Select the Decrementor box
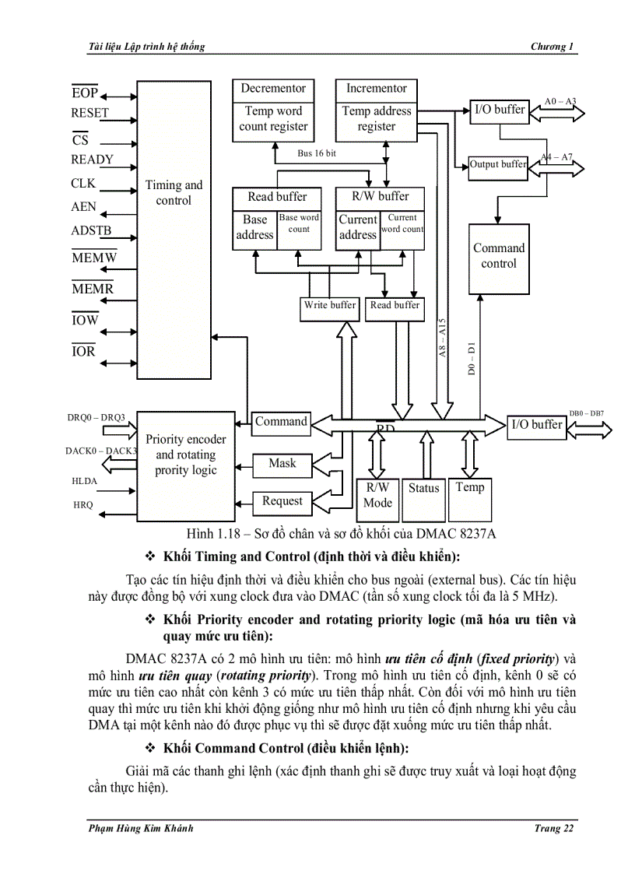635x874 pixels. pyautogui.click(x=272, y=89)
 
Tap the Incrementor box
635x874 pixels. pyautogui.click(x=377, y=89)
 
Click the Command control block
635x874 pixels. pyautogui.click(x=498, y=256)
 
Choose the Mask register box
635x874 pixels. pyautogui.click(x=282, y=464)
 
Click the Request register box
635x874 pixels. pyautogui.click(x=282, y=501)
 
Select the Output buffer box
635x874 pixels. pyautogui.click(x=497, y=164)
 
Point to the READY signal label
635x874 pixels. pyautogui.click(x=92, y=160)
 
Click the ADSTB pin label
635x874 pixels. pyautogui.click(x=91, y=230)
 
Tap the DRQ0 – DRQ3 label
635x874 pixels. pyautogui.click(x=96, y=418)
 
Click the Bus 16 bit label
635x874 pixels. pyautogui.click(x=317, y=153)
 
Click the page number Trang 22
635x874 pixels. pyautogui.click(x=554, y=828)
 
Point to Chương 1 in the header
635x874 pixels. pyautogui.click(x=553, y=47)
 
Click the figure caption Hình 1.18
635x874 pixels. pyautogui.click(x=342, y=533)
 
